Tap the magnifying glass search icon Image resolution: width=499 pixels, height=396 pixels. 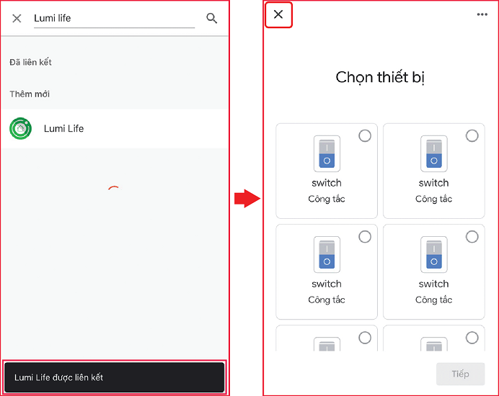211,19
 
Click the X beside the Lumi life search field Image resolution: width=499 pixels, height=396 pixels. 17,19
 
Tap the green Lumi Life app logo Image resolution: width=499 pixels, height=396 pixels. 21,128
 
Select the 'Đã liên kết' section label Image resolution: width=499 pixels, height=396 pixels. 30,62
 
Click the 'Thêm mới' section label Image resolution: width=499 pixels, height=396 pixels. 30,94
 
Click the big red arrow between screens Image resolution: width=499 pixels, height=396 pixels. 247,198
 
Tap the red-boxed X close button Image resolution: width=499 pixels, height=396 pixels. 278,14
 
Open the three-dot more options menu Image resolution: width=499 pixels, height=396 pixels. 482,14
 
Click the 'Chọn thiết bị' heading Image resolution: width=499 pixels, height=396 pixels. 380,77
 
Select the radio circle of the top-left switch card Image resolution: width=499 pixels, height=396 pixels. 365,135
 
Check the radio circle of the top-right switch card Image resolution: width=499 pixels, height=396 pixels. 472,135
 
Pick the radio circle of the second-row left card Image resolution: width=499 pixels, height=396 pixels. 365,236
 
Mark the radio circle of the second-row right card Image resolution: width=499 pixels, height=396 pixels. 472,236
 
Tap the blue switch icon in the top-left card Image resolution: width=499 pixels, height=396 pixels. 327,153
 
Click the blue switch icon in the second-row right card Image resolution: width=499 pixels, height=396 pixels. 434,254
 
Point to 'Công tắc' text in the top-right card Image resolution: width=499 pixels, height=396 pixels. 434,199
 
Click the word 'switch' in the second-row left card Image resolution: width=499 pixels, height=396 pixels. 327,284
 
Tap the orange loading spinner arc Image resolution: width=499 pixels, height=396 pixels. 114,187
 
